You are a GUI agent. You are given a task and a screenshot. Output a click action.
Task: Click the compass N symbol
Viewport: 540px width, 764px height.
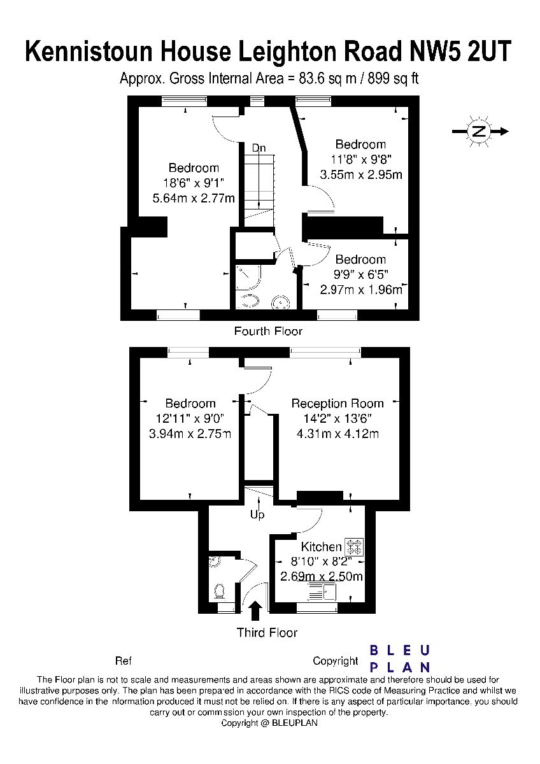pyautogui.click(x=480, y=131)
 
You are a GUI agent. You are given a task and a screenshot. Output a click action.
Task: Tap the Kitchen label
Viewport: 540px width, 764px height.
pyautogui.click(x=321, y=547)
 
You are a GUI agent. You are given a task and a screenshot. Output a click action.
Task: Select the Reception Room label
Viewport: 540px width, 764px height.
pyautogui.click(x=337, y=404)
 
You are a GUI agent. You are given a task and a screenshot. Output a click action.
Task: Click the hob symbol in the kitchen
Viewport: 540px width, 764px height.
pyautogui.click(x=355, y=546)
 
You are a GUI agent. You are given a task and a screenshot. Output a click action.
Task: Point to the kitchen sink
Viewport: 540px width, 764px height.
pyautogui.click(x=322, y=591)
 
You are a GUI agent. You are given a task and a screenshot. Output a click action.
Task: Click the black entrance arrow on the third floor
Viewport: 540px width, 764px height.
pyautogui.click(x=256, y=610)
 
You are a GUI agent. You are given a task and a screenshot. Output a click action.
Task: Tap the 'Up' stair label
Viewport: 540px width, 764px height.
pyautogui.click(x=257, y=514)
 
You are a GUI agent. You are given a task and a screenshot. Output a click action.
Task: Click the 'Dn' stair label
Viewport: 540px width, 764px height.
pyautogui.click(x=259, y=148)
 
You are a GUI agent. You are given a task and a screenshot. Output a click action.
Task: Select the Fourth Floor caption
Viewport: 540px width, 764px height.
pyautogui.click(x=268, y=331)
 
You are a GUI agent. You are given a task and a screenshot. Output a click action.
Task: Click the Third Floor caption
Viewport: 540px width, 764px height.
pyautogui.click(x=267, y=633)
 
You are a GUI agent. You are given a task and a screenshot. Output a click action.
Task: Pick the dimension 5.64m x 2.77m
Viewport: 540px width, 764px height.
pyautogui.click(x=194, y=198)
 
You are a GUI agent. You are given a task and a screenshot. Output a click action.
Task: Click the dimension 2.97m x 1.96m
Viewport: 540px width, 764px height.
pyautogui.click(x=361, y=290)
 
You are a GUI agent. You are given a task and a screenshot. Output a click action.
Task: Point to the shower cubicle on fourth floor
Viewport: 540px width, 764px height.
pyautogui.click(x=248, y=277)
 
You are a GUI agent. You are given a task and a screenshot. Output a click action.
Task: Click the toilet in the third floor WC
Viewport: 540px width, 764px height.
pyautogui.click(x=220, y=591)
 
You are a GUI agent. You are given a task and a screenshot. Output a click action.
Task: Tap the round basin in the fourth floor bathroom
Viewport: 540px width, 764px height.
pyautogui.click(x=280, y=302)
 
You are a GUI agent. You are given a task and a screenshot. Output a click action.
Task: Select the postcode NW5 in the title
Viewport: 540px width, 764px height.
pyautogui.click(x=432, y=51)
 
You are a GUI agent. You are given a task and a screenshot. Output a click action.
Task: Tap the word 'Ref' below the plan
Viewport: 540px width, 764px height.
pyautogui.click(x=124, y=661)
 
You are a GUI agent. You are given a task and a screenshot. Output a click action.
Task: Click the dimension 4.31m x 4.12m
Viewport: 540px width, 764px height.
pyautogui.click(x=337, y=434)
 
